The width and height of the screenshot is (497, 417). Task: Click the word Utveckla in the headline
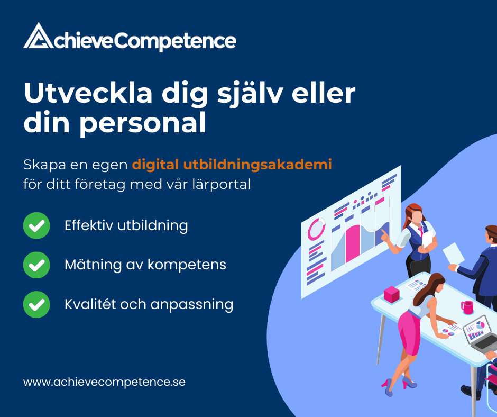(x=88, y=93)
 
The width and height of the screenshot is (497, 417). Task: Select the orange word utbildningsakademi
(x=257, y=165)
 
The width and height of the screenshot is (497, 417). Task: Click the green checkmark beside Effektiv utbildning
(x=36, y=225)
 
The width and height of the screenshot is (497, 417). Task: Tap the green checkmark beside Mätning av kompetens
(x=36, y=265)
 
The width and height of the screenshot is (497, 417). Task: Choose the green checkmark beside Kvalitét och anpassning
(x=36, y=304)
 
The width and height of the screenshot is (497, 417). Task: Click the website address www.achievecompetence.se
(x=104, y=382)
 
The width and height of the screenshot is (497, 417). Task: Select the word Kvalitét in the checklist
(x=90, y=304)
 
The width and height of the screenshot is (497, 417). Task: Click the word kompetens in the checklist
(x=187, y=265)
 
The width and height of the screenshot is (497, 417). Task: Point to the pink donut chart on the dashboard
(x=316, y=229)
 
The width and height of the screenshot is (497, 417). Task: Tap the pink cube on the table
(x=391, y=294)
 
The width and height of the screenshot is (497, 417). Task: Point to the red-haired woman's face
(x=417, y=217)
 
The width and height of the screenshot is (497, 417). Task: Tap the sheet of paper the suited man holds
(x=453, y=253)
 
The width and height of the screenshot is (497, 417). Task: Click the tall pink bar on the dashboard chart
(x=353, y=243)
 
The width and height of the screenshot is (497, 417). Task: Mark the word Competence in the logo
(x=174, y=41)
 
